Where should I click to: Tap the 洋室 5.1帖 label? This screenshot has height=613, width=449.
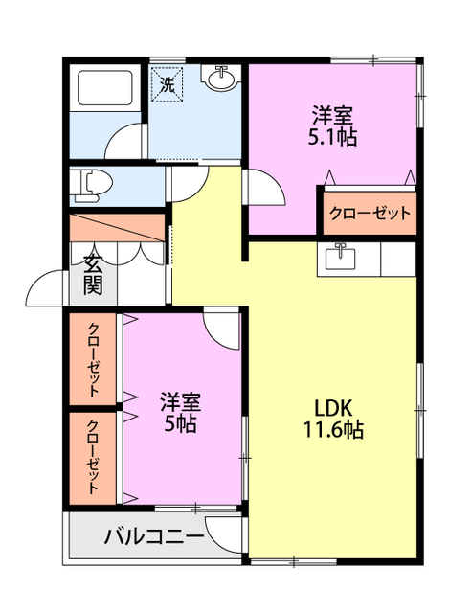[x=333, y=126]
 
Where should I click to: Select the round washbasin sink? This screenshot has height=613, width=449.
[x=221, y=79]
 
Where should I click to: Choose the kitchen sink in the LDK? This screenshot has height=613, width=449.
[x=340, y=258]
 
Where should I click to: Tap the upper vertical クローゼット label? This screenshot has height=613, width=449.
[x=94, y=359]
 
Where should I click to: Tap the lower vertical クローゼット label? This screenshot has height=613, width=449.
[x=94, y=457]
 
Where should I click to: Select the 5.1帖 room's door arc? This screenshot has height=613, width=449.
[x=262, y=186]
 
